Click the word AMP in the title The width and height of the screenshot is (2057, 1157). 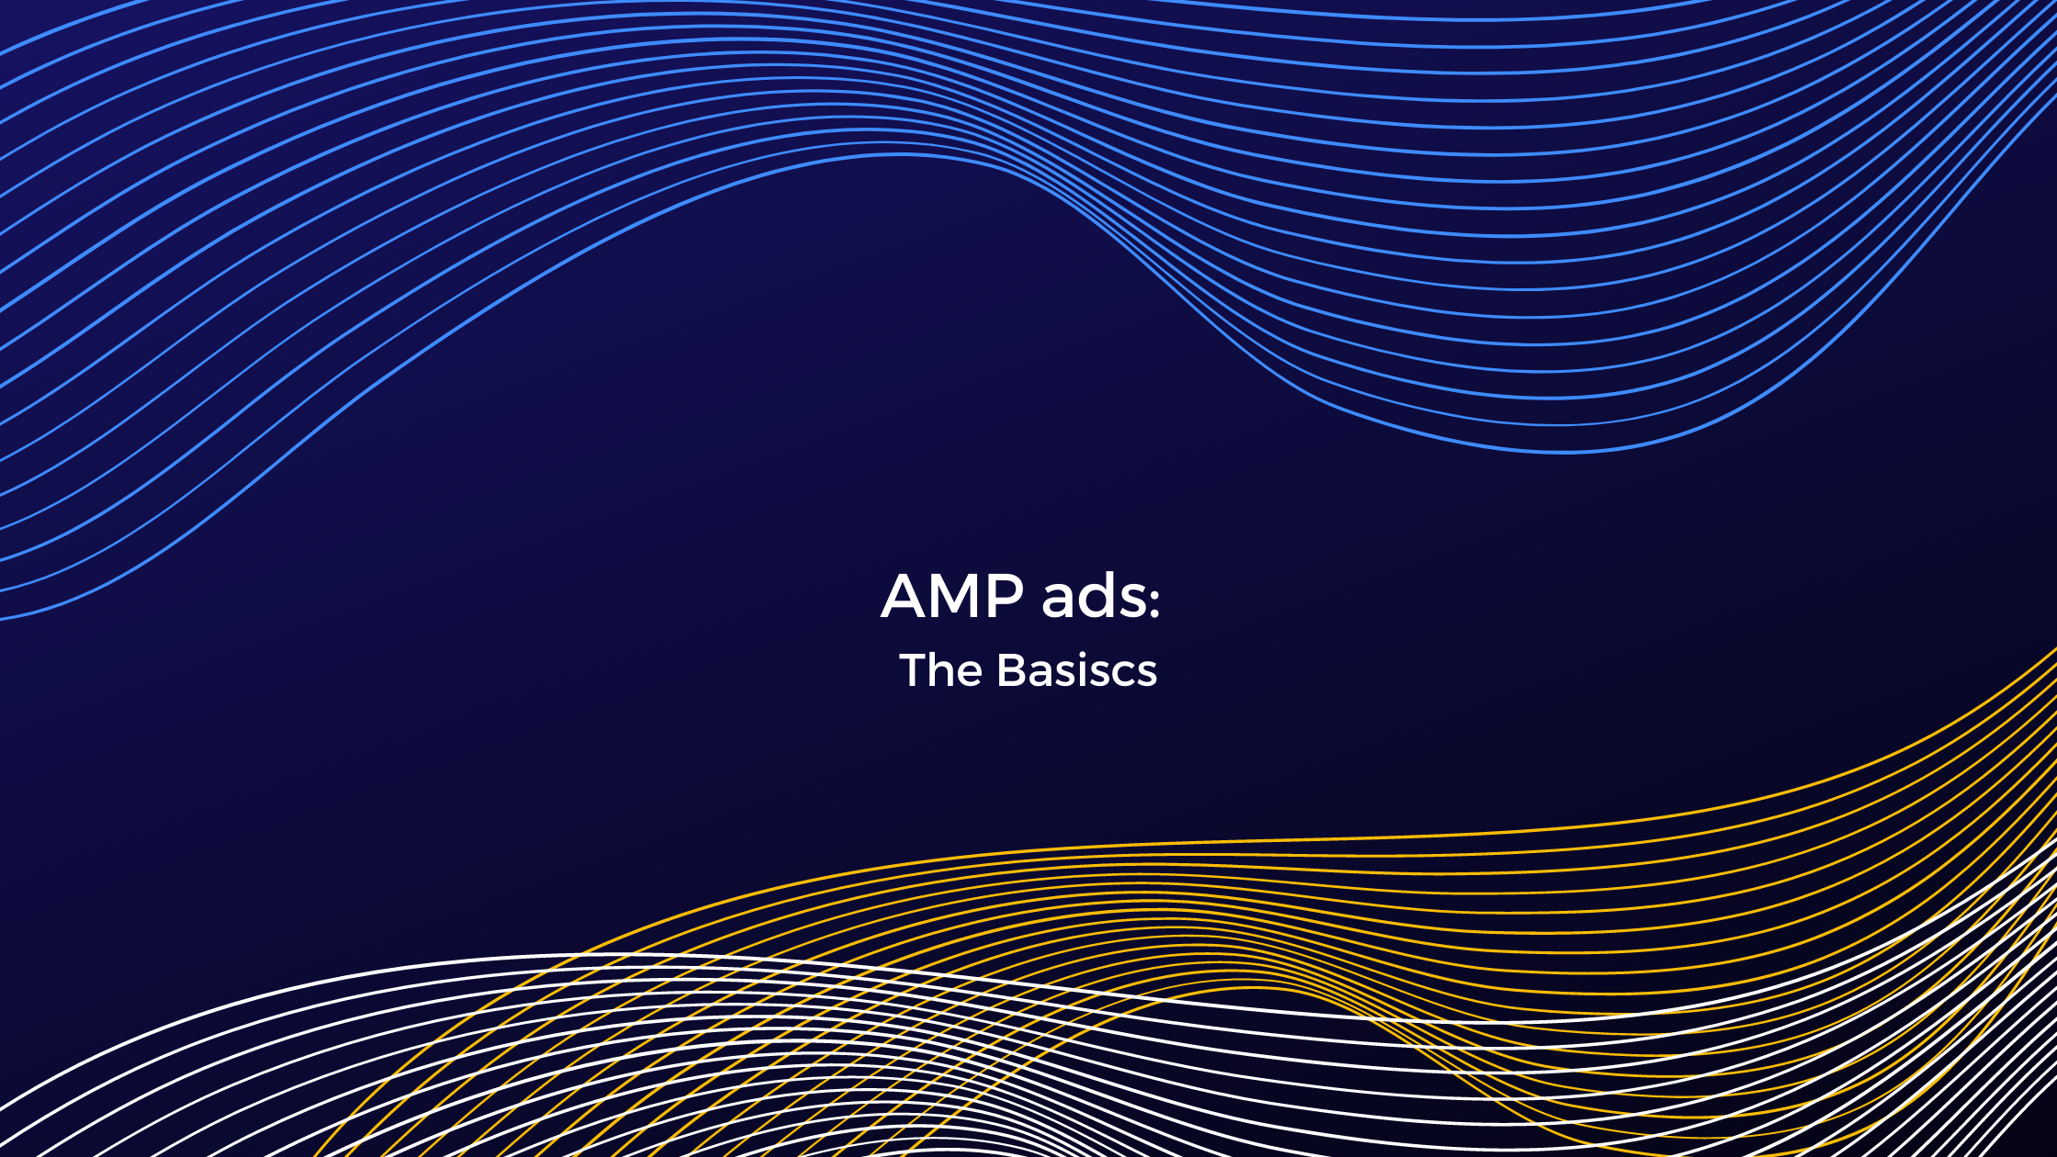tap(952, 596)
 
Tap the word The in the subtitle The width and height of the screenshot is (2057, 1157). tap(940, 670)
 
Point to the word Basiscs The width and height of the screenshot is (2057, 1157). tap(1076, 670)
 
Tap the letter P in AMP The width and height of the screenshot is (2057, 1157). tap(1006, 596)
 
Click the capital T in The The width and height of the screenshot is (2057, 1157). tap(915, 670)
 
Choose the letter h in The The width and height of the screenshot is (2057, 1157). tap(945, 670)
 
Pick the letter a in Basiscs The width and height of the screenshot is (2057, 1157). tap(1041, 674)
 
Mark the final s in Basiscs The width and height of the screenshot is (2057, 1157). tap(1147, 674)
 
